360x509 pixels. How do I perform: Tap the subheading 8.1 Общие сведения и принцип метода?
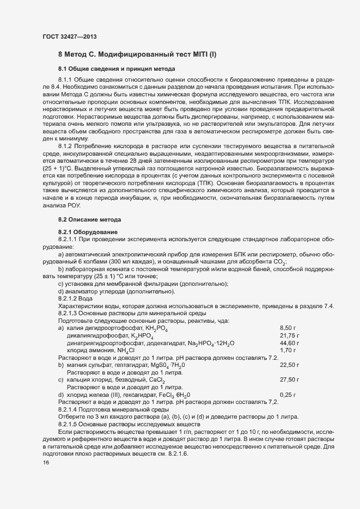point(117,69)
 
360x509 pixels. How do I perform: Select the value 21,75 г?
point(289,336)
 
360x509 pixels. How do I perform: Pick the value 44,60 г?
point(289,343)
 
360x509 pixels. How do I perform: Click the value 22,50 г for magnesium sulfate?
point(289,365)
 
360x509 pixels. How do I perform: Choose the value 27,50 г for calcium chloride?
point(289,379)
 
